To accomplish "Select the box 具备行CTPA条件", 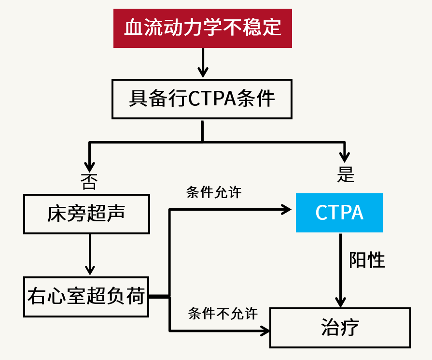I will pyautogui.click(x=202, y=99).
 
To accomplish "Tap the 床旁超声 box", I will pyautogui.click(x=86, y=214).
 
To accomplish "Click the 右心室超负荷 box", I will pyautogui.click(x=86, y=296).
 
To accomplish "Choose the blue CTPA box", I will pyautogui.click(x=339, y=213).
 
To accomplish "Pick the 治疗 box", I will pyautogui.click(x=340, y=327).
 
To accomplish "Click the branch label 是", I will pyautogui.click(x=346, y=175).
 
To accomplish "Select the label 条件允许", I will pyautogui.click(x=214, y=192).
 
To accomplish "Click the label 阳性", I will pyautogui.click(x=367, y=260).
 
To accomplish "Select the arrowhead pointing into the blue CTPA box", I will pyautogui.click(x=286, y=209).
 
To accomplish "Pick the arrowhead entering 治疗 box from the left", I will pyautogui.click(x=265, y=331).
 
